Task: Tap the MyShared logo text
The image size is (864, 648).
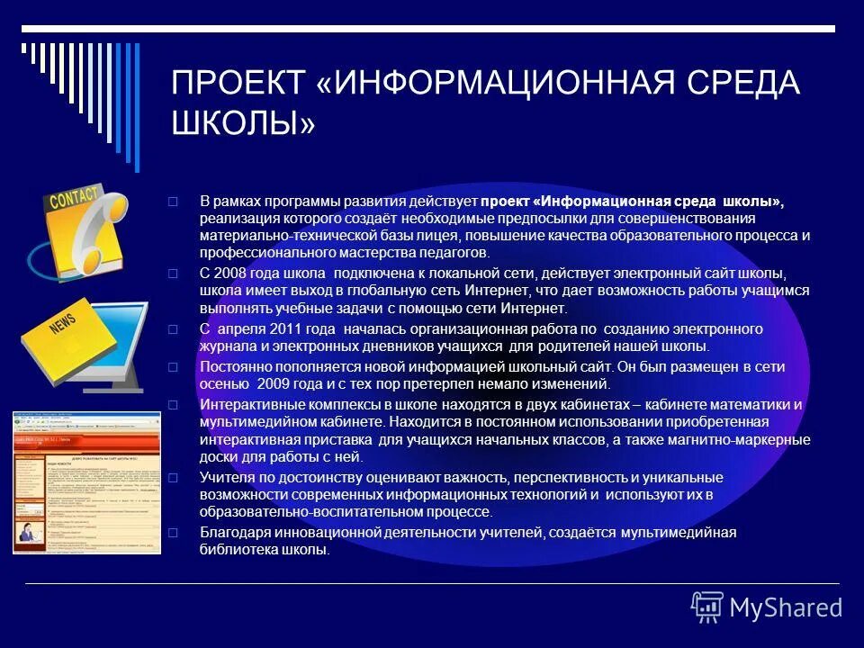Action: pos(786,607)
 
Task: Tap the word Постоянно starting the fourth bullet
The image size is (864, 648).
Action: pos(232,367)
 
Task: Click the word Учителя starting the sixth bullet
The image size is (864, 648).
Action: pos(224,477)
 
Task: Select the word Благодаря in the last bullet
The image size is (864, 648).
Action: pos(230,533)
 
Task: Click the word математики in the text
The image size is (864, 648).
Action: pos(753,405)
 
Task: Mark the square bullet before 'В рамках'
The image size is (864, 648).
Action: pos(175,202)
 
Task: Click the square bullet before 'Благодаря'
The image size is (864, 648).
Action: pos(175,533)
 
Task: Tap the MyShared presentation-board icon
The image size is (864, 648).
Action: pos(707,607)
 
